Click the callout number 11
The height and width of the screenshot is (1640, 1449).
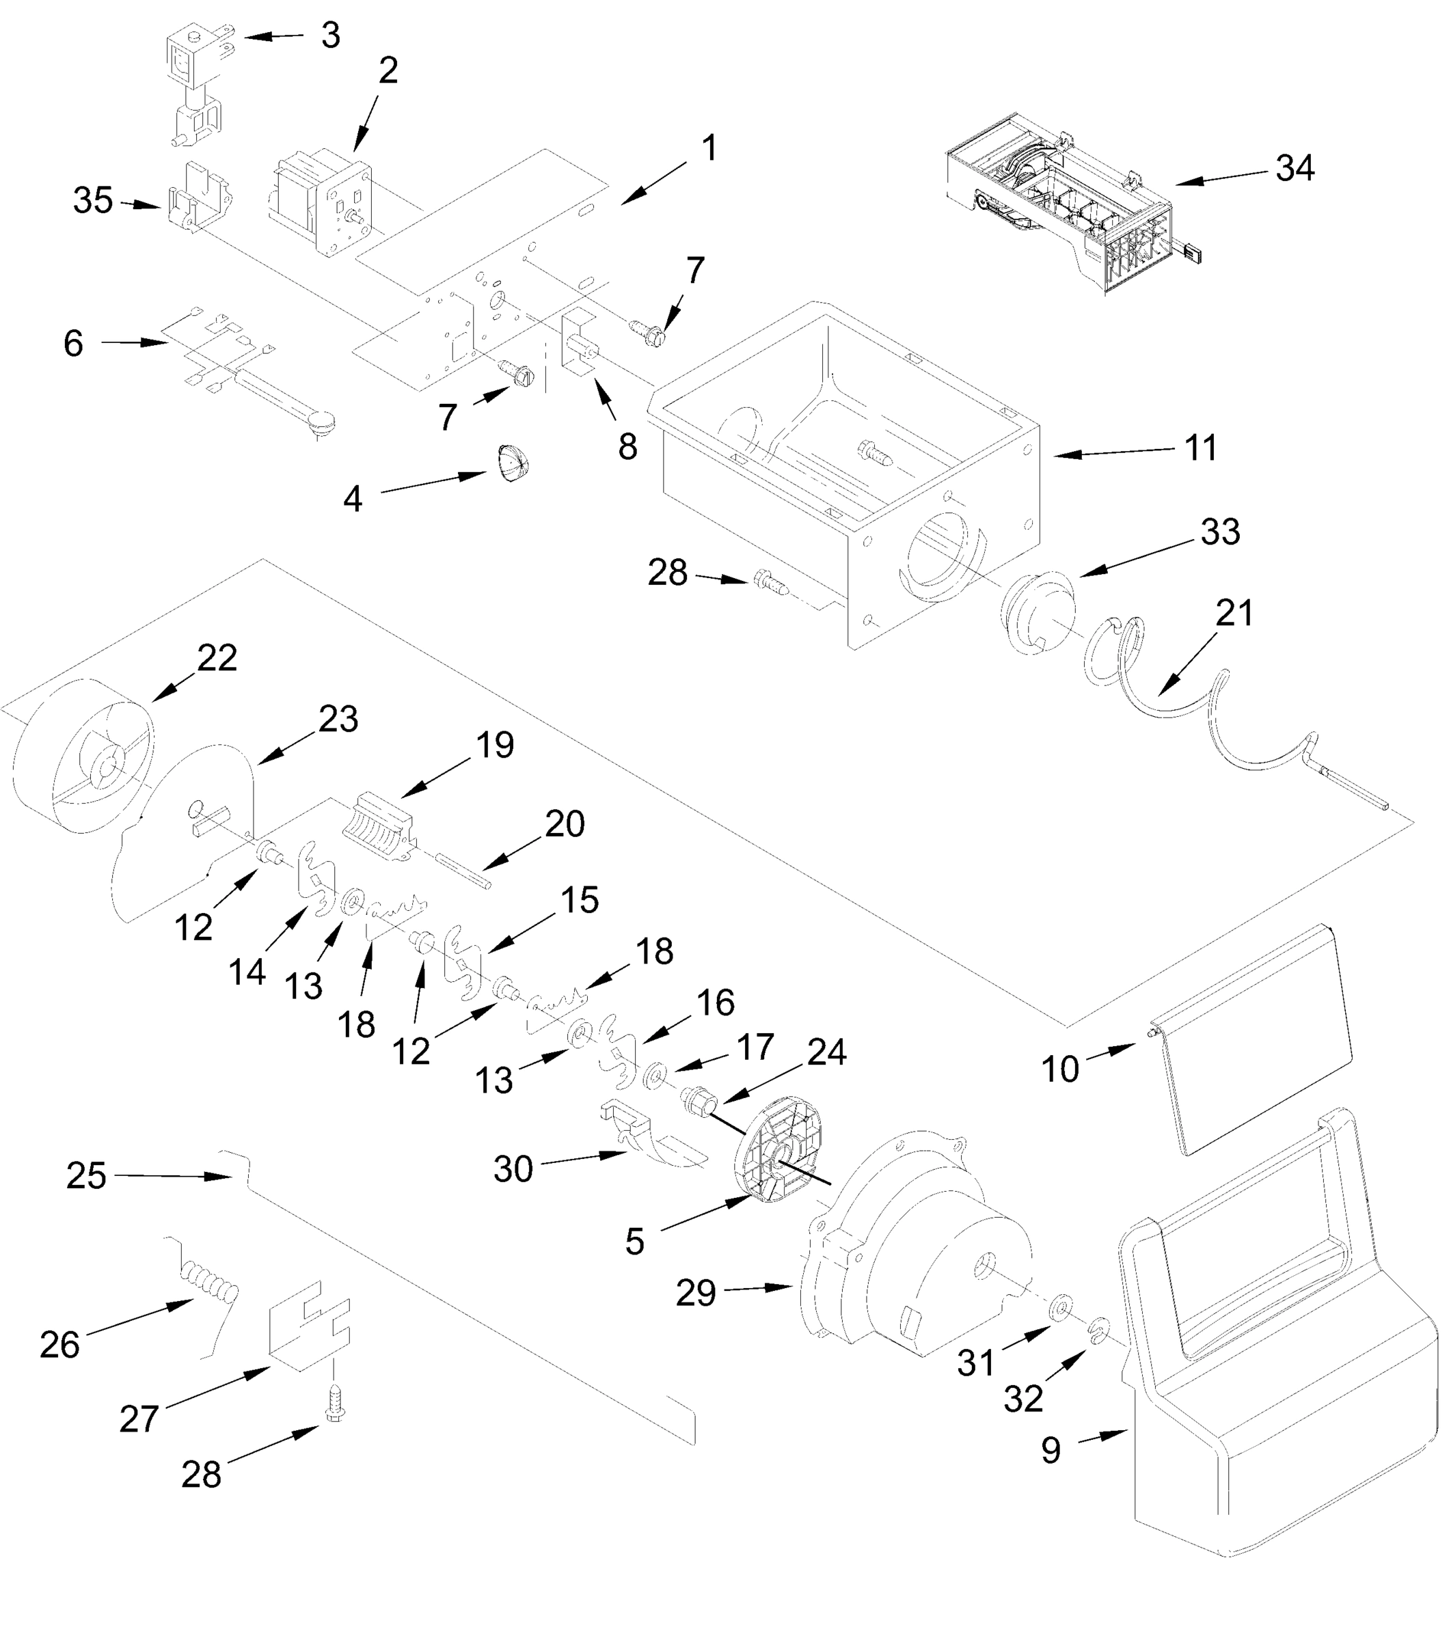(1200, 448)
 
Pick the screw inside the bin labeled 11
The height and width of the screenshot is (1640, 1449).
(876, 452)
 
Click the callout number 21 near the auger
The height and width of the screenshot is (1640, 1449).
(1234, 614)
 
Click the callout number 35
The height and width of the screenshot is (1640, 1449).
(92, 201)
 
